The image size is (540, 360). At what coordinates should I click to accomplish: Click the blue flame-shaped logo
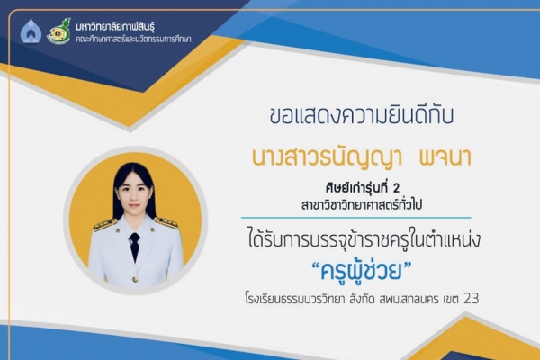tap(31, 31)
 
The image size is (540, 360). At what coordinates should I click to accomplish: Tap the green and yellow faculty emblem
tap(58, 31)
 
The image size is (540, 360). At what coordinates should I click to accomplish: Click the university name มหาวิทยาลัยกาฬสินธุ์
tap(115, 26)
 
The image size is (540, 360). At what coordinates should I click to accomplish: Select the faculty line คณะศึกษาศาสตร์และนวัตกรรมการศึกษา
tap(133, 39)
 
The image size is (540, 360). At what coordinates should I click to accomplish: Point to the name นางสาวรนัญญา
tap(328, 158)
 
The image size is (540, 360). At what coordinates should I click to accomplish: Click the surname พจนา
tap(445, 157)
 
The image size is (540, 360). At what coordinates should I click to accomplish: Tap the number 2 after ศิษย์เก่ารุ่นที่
tap(396, 188)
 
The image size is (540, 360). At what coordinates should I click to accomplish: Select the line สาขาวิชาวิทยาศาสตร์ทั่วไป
tap(362, 204)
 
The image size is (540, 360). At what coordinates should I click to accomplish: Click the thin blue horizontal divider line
tap(356, 218)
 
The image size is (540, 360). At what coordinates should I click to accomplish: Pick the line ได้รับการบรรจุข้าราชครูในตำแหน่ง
tap(364, 239)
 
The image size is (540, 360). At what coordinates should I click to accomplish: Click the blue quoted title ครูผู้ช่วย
tap(362, 270)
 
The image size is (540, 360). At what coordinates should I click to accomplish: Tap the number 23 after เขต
tap(471, 298)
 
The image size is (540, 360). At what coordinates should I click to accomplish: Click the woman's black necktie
tap(134, 246)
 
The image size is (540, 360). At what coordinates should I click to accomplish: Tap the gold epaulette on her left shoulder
tap(166, 223)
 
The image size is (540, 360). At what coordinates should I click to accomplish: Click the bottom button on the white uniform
tap(135, 279)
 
